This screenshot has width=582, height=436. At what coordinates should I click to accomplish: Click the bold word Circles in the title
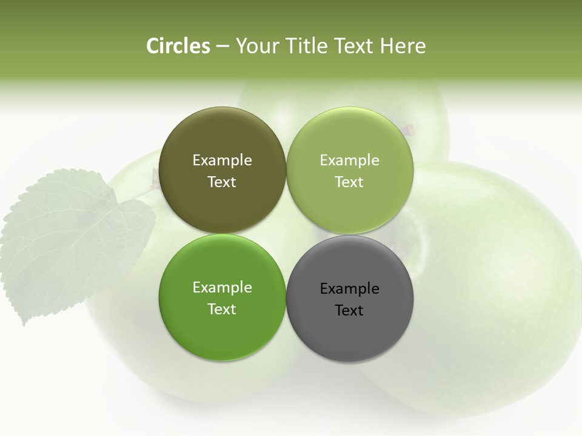point(178,46)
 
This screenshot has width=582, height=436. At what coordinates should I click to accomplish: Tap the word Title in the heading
point(305,46)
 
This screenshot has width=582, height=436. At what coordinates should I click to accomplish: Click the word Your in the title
point(256,46)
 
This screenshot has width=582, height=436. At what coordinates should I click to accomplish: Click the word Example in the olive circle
point(222,160)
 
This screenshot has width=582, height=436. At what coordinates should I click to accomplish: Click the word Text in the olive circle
point(222,182)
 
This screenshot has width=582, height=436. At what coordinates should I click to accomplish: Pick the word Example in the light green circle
point(349,160)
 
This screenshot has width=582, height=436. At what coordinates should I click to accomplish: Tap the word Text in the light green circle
point(349,182)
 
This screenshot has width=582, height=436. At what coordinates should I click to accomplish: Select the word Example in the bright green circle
point(222,288)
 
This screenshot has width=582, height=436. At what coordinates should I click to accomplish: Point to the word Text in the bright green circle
point(222,309)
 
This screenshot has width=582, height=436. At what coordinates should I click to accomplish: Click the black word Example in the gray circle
point(349,289)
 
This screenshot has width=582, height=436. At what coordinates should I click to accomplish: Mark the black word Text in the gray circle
point(349,311)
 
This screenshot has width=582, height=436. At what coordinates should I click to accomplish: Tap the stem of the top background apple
point(409,130)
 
